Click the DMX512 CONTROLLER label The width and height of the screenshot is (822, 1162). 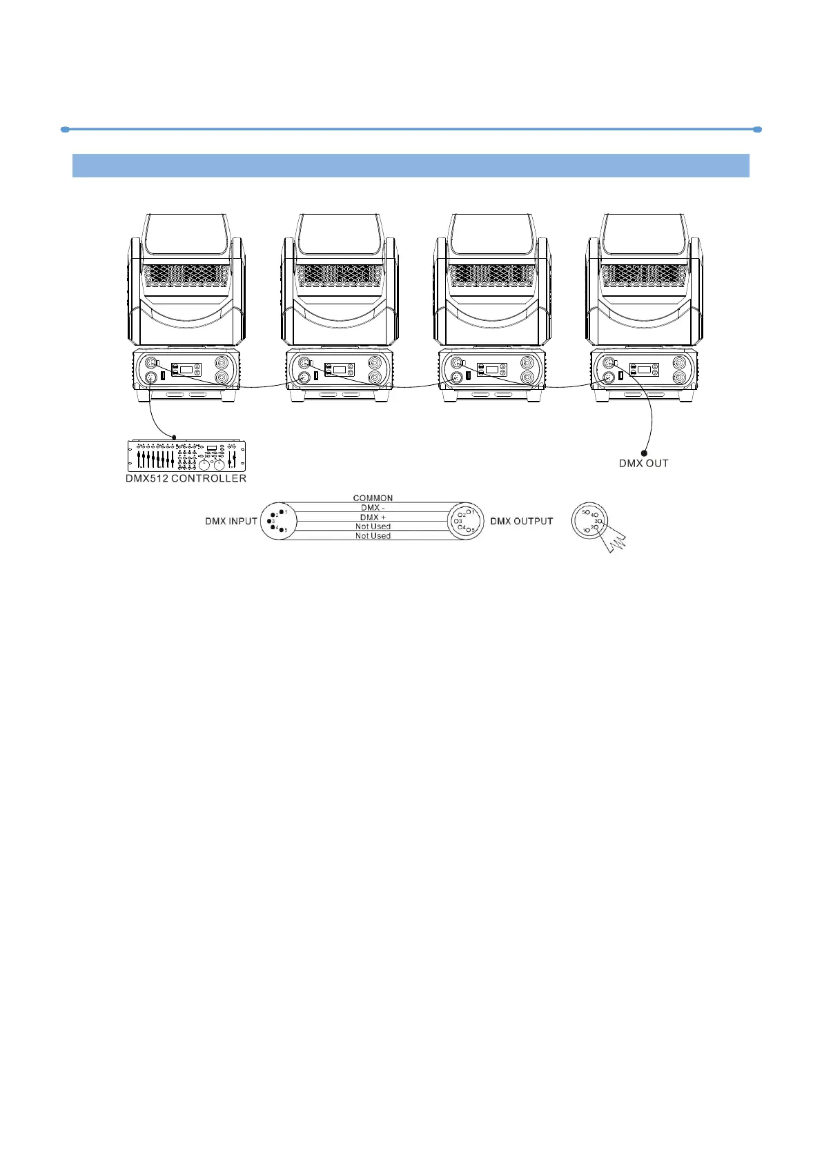point(186,478)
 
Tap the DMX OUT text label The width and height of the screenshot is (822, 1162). point(643,464)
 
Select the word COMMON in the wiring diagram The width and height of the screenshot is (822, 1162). point(373,498)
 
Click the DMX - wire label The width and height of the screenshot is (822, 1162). point(373,508)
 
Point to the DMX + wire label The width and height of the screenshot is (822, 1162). point(373,518)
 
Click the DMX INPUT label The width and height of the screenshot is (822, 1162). point(231,522)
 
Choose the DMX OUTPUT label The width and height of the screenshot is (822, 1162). point(521,522)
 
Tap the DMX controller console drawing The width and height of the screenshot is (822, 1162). point(186,456)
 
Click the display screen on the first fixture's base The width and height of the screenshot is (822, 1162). point(186,370)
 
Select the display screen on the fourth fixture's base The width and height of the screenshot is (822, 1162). point(645,370)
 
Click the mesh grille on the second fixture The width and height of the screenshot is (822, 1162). point(339,276)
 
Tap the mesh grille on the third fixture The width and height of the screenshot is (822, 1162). point(492,276)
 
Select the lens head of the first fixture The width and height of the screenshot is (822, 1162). point(186,235)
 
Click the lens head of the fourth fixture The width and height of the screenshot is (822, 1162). point(644,235)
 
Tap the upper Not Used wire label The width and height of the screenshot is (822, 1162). point(373,526)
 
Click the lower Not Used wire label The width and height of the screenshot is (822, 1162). point(373,536)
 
